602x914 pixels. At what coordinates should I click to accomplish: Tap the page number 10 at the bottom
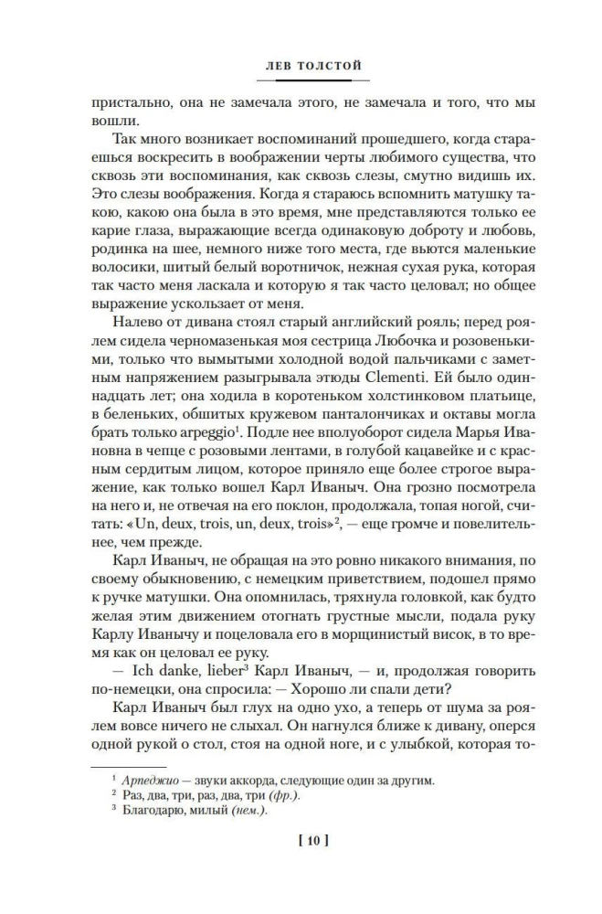(x=301, y=840)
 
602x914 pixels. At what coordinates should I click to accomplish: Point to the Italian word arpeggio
(x=206, y=434)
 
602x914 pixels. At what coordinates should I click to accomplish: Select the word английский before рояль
(x=353, y=317)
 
